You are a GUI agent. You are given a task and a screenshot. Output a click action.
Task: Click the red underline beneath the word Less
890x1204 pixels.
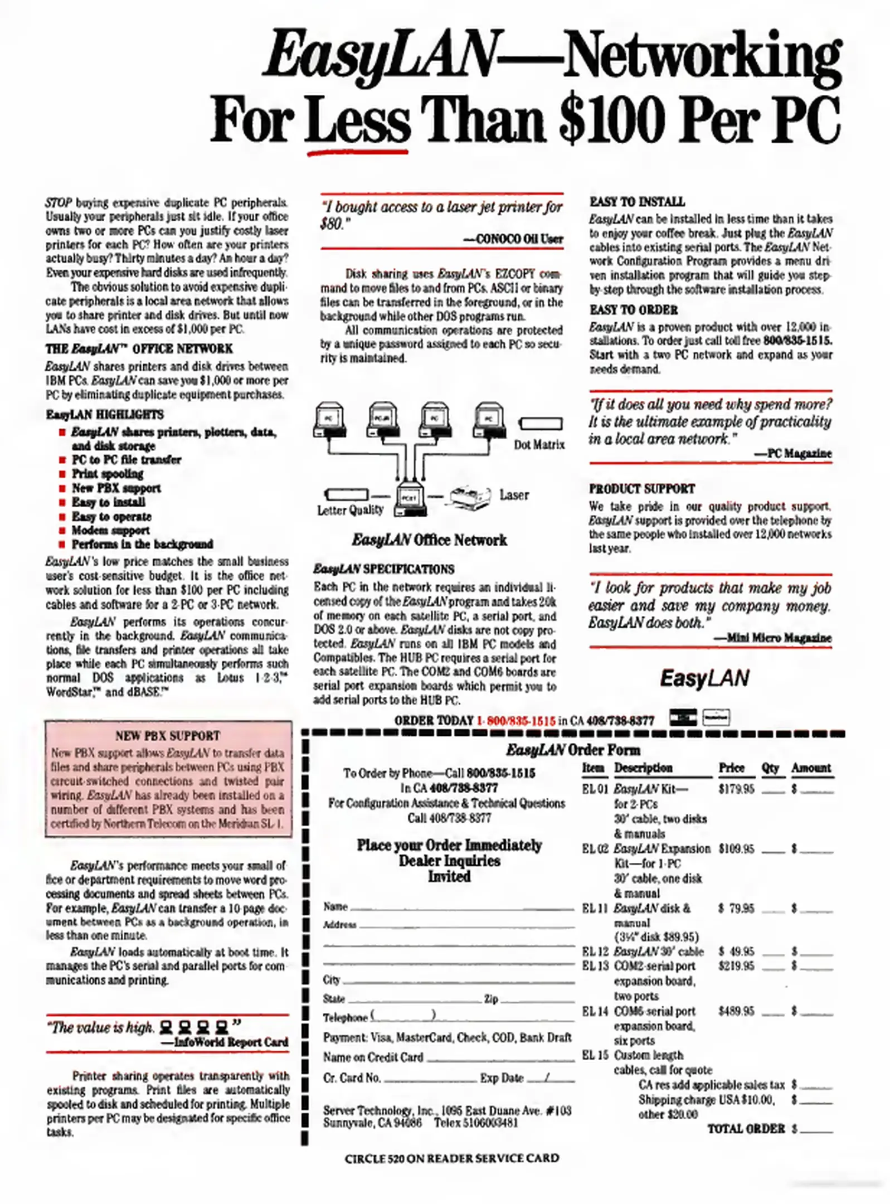[x=357, y=151]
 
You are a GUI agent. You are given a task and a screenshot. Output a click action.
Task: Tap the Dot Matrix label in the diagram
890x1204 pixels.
[x=538, y=444]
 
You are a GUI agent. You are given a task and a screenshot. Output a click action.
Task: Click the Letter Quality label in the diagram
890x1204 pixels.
[x=350, y=509]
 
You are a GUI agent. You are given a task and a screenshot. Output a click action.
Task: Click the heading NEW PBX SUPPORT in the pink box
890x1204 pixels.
[x=167, y=735]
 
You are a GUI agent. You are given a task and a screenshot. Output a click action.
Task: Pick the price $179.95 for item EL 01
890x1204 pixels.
[x=736, y=789]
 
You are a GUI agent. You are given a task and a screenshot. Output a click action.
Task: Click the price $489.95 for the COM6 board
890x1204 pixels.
[x=736, y=1011]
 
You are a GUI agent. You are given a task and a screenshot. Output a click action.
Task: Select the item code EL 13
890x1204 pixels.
[x=595, y=966]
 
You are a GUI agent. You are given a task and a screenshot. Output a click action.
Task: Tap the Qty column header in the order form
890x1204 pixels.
[x=770, y=768]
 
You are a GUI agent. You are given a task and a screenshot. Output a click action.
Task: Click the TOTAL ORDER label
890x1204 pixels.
[x=745, y=1129]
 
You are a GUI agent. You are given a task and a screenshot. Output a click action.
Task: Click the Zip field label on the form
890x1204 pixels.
[x=490, y=999]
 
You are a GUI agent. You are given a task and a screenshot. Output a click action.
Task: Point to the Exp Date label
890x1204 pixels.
[x=501, y=1078]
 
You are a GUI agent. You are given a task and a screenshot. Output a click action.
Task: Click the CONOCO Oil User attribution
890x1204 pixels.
[x=513, y=239]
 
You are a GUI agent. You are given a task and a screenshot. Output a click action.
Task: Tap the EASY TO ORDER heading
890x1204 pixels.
[x=634, y=309]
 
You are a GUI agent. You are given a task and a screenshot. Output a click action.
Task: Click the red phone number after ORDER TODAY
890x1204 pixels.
[x=515, y=721]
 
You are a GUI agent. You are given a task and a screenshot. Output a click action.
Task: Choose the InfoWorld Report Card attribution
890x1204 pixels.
[x=224, y=1042]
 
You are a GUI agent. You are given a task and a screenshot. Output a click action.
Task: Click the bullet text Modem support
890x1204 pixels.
[x=110, y=530]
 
